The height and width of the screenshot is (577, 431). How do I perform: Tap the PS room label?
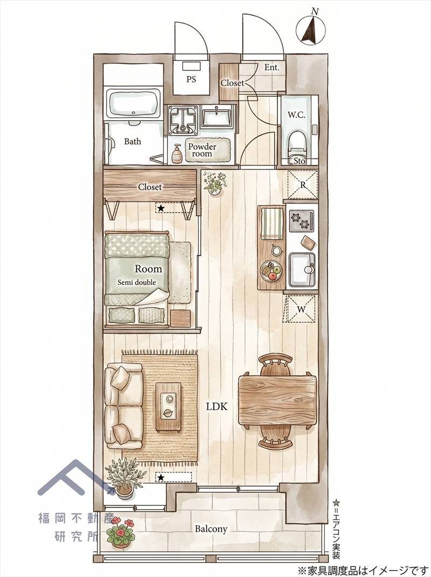pos(191,79)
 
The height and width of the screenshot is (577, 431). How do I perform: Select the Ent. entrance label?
pos(272,68)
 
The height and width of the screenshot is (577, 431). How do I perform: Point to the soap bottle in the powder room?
pos(177,154)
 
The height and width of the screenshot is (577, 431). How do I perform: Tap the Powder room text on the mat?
pos(202,150)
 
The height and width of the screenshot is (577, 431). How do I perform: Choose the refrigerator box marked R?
pos(302,185)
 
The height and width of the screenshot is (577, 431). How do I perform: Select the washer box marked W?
pos(301,309)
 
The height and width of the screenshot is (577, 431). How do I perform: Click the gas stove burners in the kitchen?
pos(302,221)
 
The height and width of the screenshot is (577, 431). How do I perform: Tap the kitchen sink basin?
pos(302,269)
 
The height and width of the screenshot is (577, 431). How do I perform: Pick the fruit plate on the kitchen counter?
pos(271,272)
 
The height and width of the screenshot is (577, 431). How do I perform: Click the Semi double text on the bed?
pos(137,283)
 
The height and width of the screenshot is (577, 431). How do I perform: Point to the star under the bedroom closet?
pos(161,208)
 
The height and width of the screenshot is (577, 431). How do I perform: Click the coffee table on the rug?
pos(169,407)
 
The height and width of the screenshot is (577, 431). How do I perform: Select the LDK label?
pos(217,407)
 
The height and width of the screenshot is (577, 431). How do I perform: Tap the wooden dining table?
pos(277,400)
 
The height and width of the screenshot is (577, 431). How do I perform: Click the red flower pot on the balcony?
pos(121,532)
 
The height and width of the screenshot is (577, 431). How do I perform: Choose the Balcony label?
pos(211,529)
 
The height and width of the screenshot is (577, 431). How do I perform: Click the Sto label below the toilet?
pos(300,161)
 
